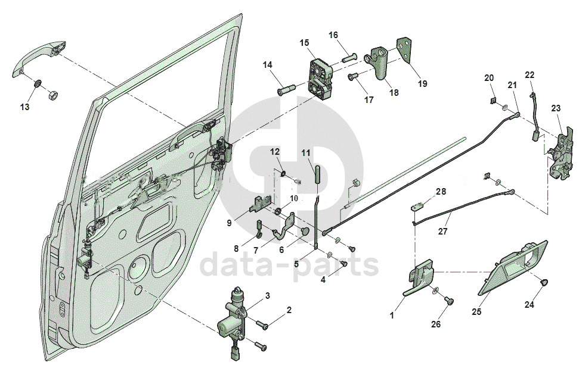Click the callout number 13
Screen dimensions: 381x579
tap(24, 107)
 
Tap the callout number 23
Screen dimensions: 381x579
tap(556, 108)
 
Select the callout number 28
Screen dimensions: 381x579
tap(440, 192)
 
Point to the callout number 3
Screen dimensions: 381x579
tap(268, 295)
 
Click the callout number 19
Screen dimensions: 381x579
tap(422, 84)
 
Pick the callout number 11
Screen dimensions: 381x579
tap(306, 153)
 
